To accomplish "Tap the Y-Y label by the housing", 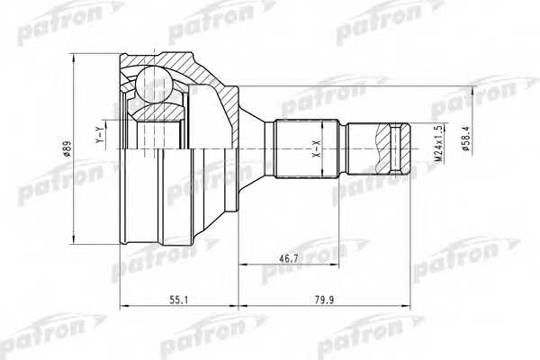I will (98, 135).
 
